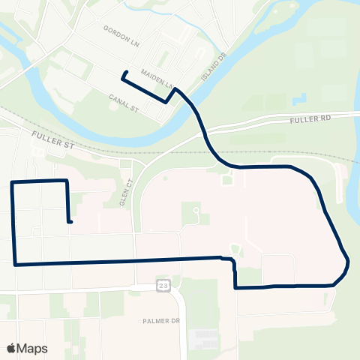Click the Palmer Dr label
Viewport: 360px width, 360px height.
[161, 320]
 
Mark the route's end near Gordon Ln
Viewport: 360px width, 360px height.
[124, 73]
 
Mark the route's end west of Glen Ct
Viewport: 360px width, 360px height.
[69, 221]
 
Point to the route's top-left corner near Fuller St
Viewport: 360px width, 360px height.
[13, 182]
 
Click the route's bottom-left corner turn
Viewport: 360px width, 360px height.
[15, 263]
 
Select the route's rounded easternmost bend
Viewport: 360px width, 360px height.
[347, 264]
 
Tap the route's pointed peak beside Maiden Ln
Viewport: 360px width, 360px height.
[175, 88]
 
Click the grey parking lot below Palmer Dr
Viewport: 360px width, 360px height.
[205, 339]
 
